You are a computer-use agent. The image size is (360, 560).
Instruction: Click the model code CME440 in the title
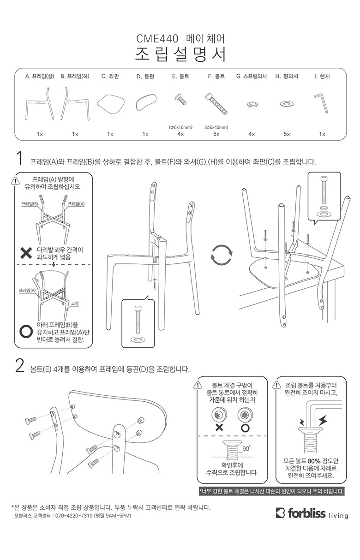[x=157, y=39]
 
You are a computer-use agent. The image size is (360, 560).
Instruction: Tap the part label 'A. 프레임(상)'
[x=40, y=76]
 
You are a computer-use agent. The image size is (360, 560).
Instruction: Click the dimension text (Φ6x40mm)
[x=216, y=127]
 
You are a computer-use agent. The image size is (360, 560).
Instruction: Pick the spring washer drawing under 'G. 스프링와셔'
[x=251, y=104]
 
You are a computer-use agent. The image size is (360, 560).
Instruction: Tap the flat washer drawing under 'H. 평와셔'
[x=287, y=104]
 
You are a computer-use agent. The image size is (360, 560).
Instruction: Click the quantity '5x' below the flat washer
[x=287, y=134]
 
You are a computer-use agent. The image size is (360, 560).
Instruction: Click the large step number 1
[x=20, y=159]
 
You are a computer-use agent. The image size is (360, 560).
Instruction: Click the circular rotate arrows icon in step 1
[x=222, y=255]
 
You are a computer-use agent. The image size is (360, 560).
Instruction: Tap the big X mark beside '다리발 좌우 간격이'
[x=26, y=253]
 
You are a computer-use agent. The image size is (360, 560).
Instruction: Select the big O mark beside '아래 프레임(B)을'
[x=26, y=332]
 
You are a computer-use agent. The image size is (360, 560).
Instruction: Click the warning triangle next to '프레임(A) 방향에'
[x=16, y=181]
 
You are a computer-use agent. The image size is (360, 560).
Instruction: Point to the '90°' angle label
[x=246, y=448]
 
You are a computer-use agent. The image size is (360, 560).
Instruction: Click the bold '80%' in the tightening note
[x=314, y=461]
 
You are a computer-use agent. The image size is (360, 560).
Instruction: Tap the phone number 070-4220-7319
[x=74, y=516]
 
